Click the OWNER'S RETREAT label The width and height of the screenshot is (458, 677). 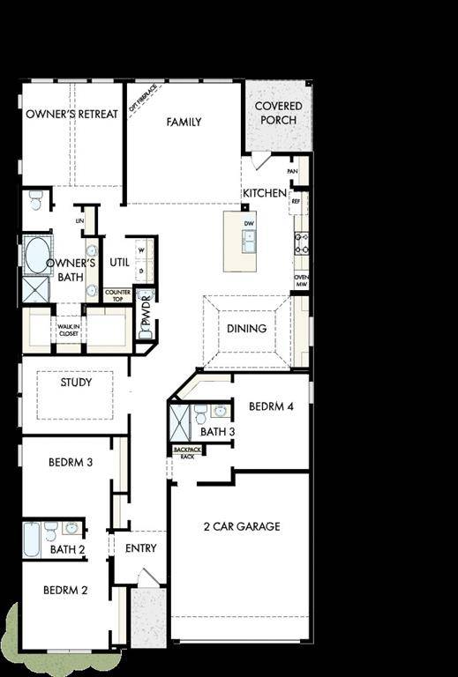click(x=71, y=115)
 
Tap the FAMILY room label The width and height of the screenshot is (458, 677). click(x=184, y=123)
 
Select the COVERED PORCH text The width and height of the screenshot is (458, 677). click(x=278, y=113)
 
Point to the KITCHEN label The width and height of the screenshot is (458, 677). click(x=265, y=193)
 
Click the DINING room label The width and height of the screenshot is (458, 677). click(x=247, y=329)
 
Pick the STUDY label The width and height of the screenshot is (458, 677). click(x=76, y=383)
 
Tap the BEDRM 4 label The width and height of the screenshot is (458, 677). click(x=271, y=407)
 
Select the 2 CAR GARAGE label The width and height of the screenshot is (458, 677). click(x=242, y=526)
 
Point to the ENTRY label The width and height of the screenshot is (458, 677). click(x=141, y=548)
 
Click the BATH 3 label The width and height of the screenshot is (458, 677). click(x=217, y=432)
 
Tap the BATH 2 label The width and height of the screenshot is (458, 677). click(x=67, y=549)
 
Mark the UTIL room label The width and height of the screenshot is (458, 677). click(x=120, y=262)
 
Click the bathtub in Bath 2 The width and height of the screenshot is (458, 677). click(x=32, y=539)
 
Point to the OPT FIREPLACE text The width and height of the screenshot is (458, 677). click(x=143, y=99)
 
